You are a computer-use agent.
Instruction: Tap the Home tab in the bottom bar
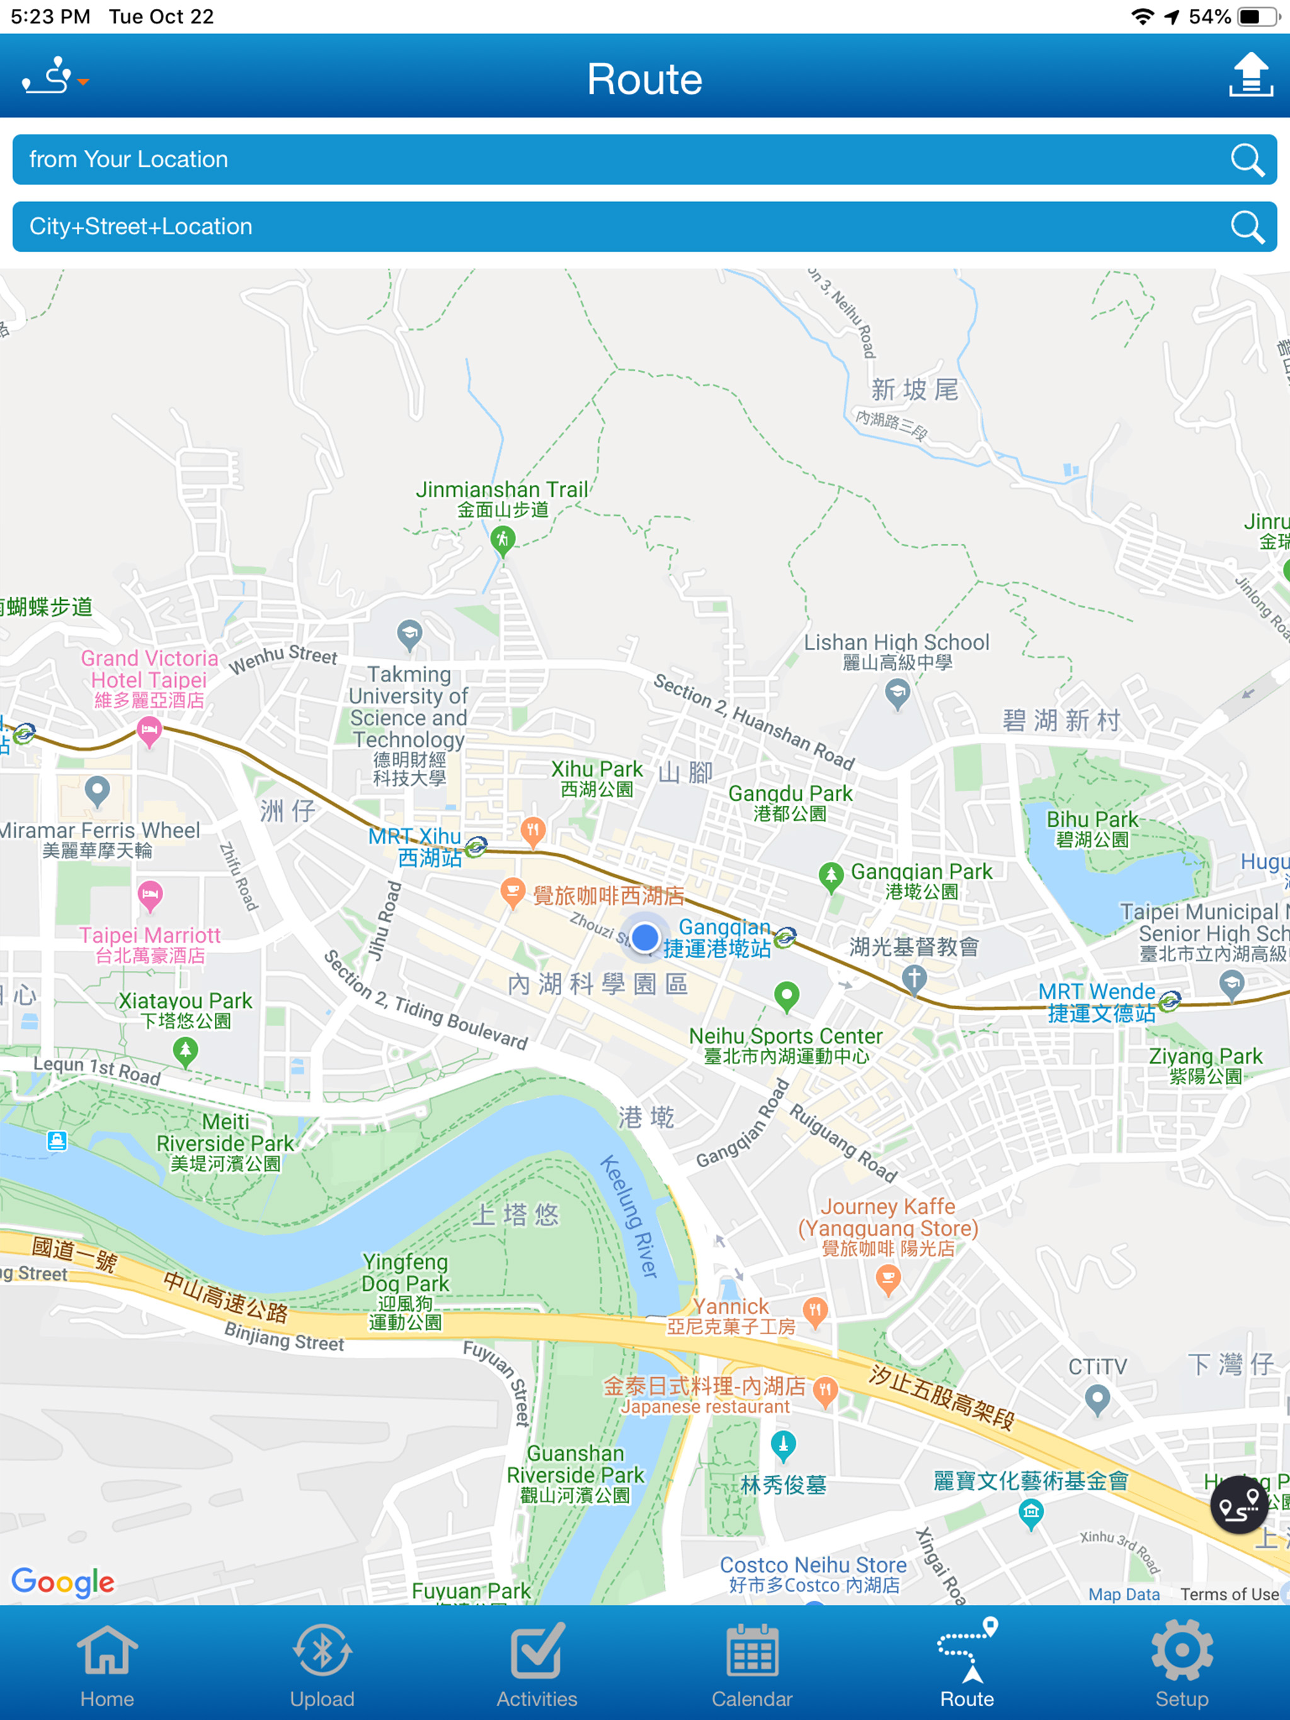coord(106,1664)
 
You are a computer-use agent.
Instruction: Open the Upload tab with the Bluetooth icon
coord(322,1664)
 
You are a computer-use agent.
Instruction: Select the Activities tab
coord(537,1664)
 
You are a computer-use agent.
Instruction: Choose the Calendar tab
coord(751,1664)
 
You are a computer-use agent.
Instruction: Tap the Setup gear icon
coord(1181,1664)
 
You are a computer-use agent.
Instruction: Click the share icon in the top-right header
coord(1250,76)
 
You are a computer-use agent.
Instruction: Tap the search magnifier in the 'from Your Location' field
coord(1247,160)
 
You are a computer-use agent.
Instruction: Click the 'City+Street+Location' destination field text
coord(141,226)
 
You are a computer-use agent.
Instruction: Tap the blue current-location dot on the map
coord(644,937)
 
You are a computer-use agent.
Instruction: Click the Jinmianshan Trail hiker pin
coord(503,539)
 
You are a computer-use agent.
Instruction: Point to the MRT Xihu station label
coord(416,847)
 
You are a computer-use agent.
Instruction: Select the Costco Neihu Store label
coord(813,1574)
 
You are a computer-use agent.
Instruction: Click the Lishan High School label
coord(896,651)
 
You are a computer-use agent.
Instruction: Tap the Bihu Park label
coord(1092,828)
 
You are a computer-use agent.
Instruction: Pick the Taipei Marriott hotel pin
coord(150,895)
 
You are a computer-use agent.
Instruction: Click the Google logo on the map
coord(63,1581)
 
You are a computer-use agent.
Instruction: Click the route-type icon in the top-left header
coord(53,76)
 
